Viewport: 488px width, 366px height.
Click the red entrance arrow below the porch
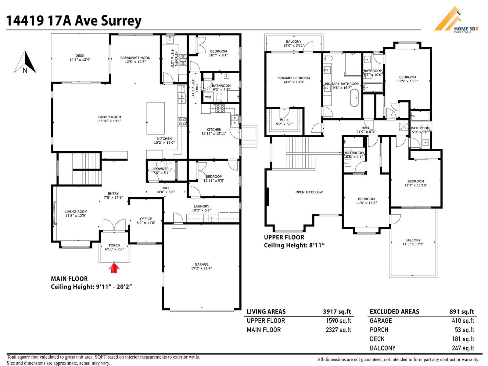[x=114, y=268]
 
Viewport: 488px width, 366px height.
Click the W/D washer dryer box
[x=208, y=97]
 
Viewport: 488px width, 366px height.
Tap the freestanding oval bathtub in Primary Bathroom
[x=354, y=98]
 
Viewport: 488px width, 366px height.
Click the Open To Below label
[x=309, y=192]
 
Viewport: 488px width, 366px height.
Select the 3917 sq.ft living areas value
[x=337, y=312]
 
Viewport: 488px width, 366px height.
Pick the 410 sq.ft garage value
[x=463, y=321]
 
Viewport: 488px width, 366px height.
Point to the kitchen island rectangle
[x=156, y=118]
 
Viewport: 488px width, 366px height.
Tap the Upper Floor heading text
[x=284, y=237]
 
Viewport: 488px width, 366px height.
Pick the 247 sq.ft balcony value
[x=463, y=348]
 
